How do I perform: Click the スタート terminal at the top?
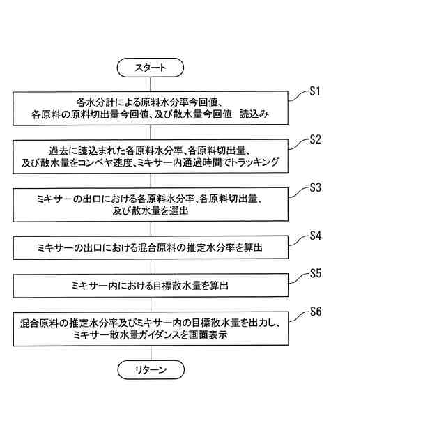click(151, 67)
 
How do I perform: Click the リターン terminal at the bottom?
click(151, 370)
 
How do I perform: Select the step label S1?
click(314, 91)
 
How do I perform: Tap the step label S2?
click(314, 139)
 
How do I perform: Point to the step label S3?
click(314, 187)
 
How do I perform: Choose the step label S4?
click(314, 236)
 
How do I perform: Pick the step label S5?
click(314, 274)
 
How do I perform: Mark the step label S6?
click(314, 312)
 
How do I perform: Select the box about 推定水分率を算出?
click(151, 248)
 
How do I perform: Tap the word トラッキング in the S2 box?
click(254, 162)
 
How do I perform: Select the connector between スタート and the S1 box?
click(151, 83)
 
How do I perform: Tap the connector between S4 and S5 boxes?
click(151, 267)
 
